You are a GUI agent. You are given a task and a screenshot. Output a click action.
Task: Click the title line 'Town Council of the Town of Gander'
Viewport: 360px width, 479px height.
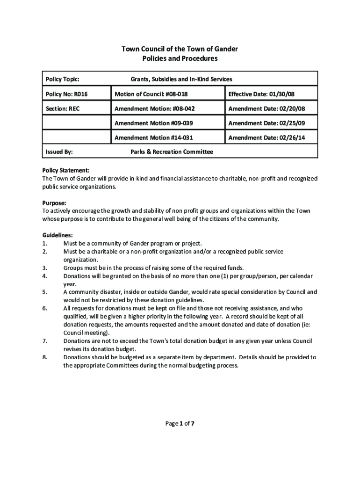pyautogui.click(x=180, y=49)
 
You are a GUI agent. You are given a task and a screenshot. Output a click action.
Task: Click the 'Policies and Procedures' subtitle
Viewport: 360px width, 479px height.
pyautogui.click(x=180, y=59)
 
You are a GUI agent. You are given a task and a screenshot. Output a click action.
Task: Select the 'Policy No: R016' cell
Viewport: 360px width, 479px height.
pyautogui.click(x=67, y=94)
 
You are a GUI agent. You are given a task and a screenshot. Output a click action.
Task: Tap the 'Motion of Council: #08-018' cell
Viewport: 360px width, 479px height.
pyautogui.click(x=151, y=94)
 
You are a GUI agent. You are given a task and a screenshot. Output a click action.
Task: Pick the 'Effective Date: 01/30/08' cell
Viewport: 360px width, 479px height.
pyautogui.click(x=261, y=94)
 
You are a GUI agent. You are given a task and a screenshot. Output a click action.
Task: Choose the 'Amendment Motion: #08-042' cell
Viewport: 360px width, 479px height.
pyautogui.click(x=154, y=109)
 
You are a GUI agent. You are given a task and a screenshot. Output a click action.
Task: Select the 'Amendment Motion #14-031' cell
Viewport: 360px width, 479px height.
pyautogui.click(x=153, y=138)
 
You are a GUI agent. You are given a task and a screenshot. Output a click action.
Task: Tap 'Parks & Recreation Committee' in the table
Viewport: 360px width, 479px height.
pyautogui.click(x=172, y=152)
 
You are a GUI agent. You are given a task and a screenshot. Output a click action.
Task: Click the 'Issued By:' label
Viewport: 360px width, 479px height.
pyautogui.click(x=59, y=152)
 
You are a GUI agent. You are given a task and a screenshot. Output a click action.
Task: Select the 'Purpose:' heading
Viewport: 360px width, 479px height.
pyautogui.click(x=54, y=203)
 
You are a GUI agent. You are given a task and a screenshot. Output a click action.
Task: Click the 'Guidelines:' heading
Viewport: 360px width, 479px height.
pyautogui.click(x=58, y=235)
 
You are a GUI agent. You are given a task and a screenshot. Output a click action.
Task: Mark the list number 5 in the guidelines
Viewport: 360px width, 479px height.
pyautogui.click(x=44, y=292)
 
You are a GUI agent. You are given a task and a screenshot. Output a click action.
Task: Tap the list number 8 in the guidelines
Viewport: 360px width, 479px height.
pyautogui.click(x=44, y=357)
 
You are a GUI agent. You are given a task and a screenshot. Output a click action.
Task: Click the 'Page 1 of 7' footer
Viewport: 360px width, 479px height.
pyautogui.click(x=180, y=424)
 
